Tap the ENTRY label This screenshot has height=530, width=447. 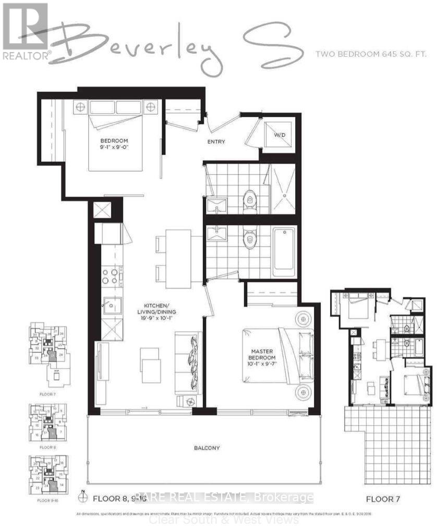(216, 142)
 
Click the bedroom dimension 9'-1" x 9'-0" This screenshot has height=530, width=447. (114, 147)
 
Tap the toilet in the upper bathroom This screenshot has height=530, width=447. (249, 199)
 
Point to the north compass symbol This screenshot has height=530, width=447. (83, 498)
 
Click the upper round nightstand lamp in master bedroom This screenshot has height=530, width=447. (301, 318)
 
